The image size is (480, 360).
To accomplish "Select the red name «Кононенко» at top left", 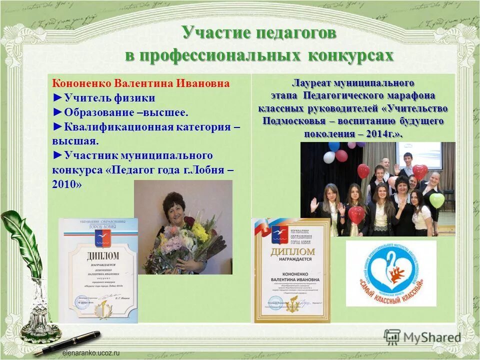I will coord(82,83).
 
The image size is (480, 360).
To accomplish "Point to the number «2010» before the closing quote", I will coord(65,184).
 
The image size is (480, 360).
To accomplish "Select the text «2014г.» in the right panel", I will coord(383,134).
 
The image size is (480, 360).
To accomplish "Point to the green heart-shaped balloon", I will coord(436,200).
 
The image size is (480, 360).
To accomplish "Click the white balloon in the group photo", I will coord(329,157).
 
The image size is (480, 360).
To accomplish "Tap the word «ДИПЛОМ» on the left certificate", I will coord(98,256).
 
